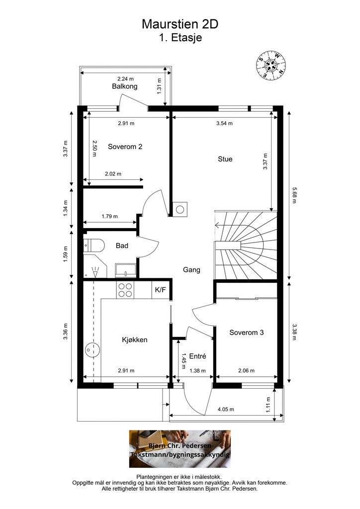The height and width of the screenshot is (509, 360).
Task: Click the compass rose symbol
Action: click(x=270, y=66)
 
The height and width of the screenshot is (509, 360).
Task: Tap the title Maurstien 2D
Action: click(x=180, y=24)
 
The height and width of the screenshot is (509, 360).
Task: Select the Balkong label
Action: click(x=125, y=86)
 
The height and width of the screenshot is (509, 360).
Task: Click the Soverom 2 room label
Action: click(x=125, y=147)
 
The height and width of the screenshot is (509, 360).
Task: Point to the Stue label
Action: click(x=225, y=159)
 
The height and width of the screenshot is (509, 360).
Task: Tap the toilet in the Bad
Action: click(x=93, y=246)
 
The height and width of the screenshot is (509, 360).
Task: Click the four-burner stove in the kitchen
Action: click(x=125, y=290)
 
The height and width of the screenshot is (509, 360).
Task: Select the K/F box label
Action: click(x=160, y=290)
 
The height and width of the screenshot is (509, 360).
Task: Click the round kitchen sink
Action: click(x=92, y=349)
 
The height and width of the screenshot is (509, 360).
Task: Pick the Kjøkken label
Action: click(x=135, y=340)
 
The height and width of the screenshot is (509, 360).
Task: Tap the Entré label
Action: click(x=198, y=356)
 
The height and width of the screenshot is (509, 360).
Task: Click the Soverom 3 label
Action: click(x=247, y=333)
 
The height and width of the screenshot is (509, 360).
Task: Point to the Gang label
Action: click(x=191, y=270)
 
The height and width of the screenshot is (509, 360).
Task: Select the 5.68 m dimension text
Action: click(x=294, y=195)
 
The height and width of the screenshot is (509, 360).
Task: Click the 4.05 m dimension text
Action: click(x=226, y=410)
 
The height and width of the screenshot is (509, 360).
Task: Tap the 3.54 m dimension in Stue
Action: click(x=225, y=123)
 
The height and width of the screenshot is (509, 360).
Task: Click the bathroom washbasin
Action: click(x=125, y=270)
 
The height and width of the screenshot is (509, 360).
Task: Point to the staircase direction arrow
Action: click(x=227, y=225)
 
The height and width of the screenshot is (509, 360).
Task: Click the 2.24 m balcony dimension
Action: click(x=126, y=79)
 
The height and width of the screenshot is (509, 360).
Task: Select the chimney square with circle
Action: click(x=180, y=209)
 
